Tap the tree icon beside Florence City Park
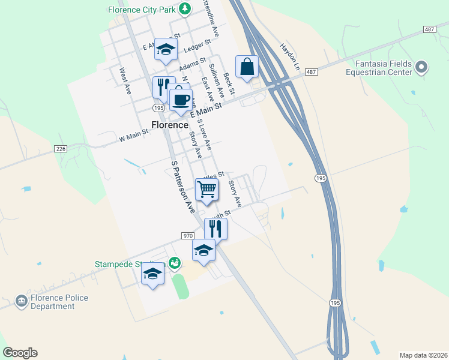point(185,8)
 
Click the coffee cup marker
point(180,100)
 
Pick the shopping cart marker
point(206,190)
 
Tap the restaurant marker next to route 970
point(215,229)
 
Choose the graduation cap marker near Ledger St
point(165,49)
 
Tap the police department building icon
point(21,300)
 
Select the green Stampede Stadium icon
point(174,263)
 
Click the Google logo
point(20,353)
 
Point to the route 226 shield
point(60,149)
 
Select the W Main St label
point(133,139)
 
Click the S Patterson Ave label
point(182,187)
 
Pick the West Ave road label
point(125,80)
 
